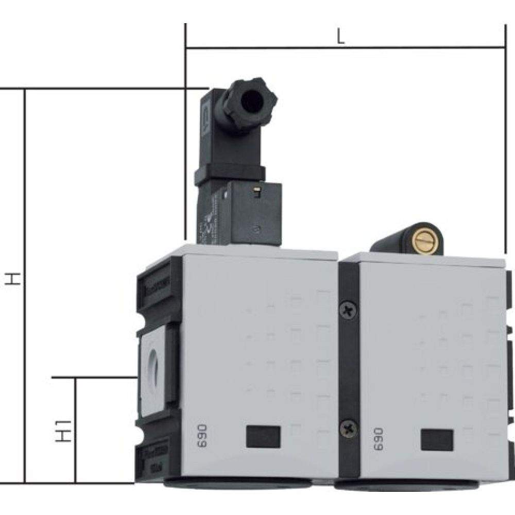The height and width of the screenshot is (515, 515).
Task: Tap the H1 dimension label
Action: tap(62, 431)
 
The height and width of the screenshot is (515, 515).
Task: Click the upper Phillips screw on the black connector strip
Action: tap(348, 310)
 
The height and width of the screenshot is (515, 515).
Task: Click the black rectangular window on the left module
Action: tap(263, 436)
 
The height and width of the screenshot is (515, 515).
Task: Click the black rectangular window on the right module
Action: tap(437, 439)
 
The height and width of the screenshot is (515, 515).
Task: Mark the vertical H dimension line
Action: tap(25, 283)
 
